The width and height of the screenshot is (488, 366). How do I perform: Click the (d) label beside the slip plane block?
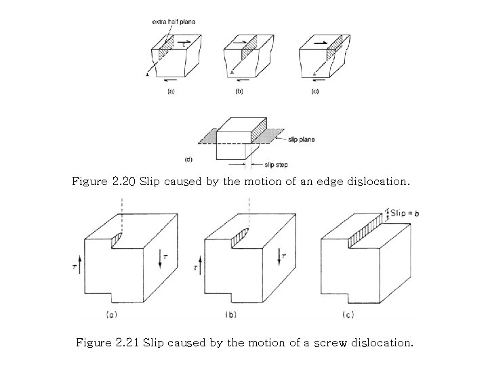[188, 159]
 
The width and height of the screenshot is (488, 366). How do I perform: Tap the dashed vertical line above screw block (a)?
[120, 213]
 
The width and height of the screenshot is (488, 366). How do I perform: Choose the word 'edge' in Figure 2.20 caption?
[327, 182]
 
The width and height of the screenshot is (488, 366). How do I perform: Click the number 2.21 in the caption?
[126, 343]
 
